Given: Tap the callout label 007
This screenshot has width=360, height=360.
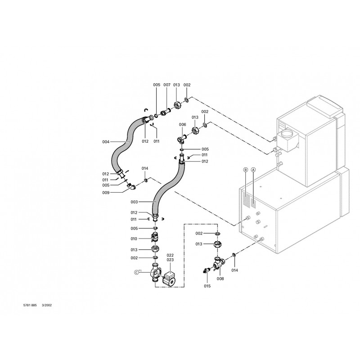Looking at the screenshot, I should coord(166,85).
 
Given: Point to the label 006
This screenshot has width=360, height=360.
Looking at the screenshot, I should coord(182,124).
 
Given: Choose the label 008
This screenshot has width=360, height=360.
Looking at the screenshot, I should coord(220,279).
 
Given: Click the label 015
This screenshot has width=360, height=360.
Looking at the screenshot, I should coord(207,285).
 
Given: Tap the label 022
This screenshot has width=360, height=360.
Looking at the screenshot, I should coord(157,255).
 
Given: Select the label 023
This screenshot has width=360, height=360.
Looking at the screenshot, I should coord(157,260).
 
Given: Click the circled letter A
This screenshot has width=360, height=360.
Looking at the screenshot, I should coord(253,170).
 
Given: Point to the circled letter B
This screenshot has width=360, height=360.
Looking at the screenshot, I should coord(245,170).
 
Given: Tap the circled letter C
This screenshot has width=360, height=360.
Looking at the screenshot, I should coord(137,271).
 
